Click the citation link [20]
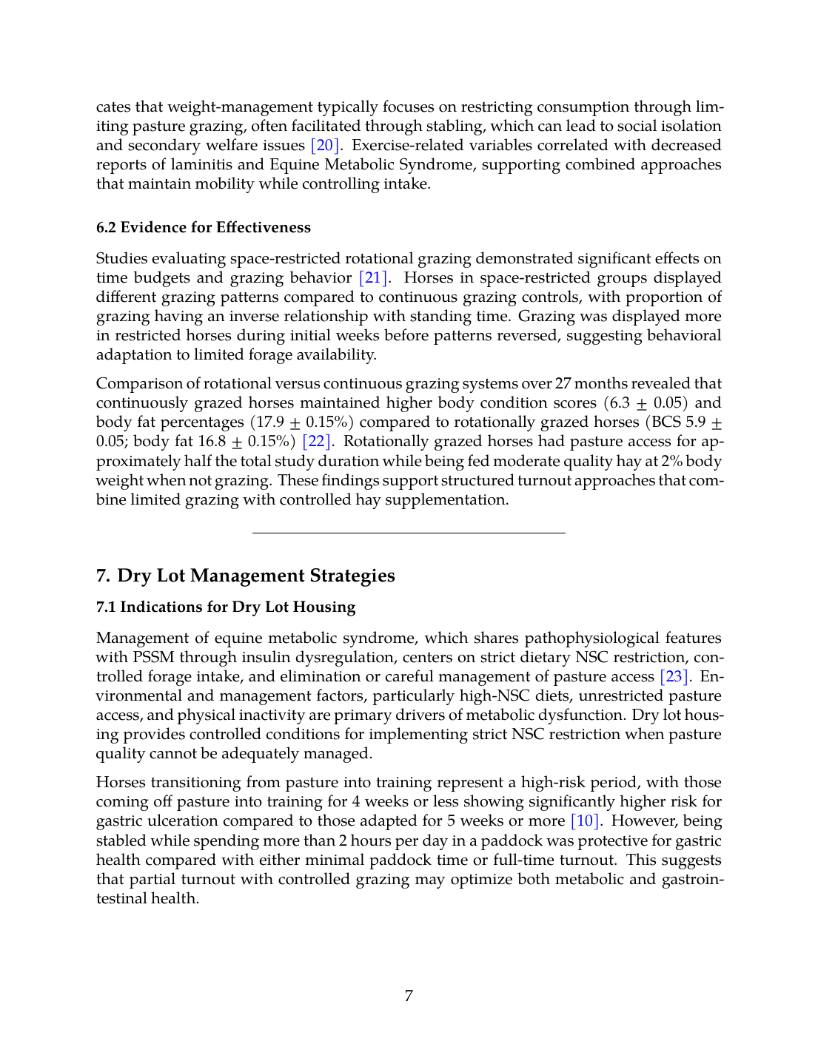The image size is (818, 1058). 325,145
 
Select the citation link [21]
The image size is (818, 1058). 373,277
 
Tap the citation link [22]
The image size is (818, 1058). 317,442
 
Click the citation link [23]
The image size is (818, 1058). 674,676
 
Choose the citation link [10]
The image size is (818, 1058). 585,821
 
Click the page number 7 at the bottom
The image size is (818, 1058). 409,995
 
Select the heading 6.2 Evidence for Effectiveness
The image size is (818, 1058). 204,227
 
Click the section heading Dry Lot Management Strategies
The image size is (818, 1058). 256,576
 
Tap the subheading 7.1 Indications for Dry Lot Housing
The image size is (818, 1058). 226,607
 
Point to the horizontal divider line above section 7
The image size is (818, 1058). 409,533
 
